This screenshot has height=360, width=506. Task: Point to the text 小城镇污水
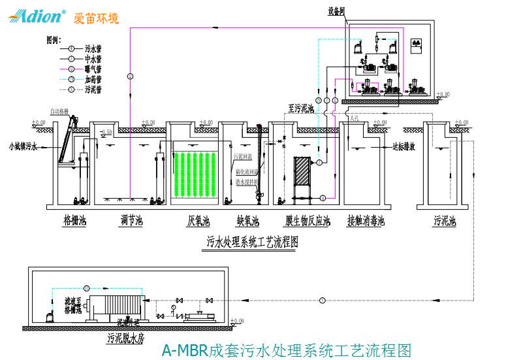point(24,146)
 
